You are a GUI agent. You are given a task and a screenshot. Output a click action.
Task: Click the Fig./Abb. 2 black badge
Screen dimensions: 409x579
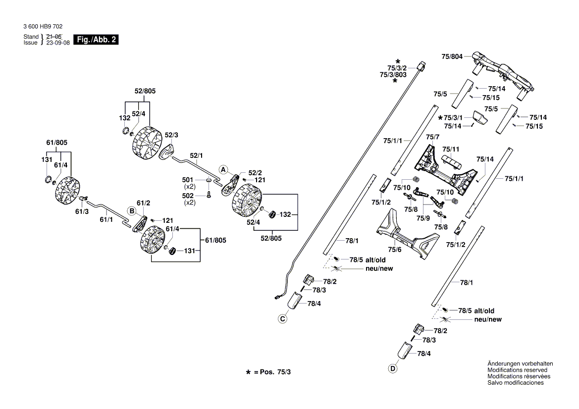pos(96,40)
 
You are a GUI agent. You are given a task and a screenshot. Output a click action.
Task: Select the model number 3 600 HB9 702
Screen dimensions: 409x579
pos(43,27)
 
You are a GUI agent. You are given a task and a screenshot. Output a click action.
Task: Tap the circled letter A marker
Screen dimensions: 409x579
pos(223,169)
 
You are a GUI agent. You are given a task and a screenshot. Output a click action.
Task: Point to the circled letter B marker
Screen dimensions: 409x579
pos(132,211)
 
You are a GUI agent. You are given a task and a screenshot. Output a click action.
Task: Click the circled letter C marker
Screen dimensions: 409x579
pos(282,319)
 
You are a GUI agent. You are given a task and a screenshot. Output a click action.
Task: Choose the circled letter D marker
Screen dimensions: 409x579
pos(393,368)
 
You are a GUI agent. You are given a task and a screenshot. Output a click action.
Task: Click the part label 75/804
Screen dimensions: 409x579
pos(452,57)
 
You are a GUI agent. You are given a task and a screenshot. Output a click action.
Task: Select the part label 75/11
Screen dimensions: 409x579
pos(451,149)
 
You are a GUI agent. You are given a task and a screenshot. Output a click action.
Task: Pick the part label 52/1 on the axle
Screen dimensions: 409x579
pos(197,155)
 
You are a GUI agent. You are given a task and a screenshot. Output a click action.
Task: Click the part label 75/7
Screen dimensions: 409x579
pos(432,136)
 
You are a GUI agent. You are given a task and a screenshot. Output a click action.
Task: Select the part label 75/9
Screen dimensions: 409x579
pos(423,218)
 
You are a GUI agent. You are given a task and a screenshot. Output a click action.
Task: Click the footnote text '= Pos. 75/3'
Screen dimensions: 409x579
pos(272,371)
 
